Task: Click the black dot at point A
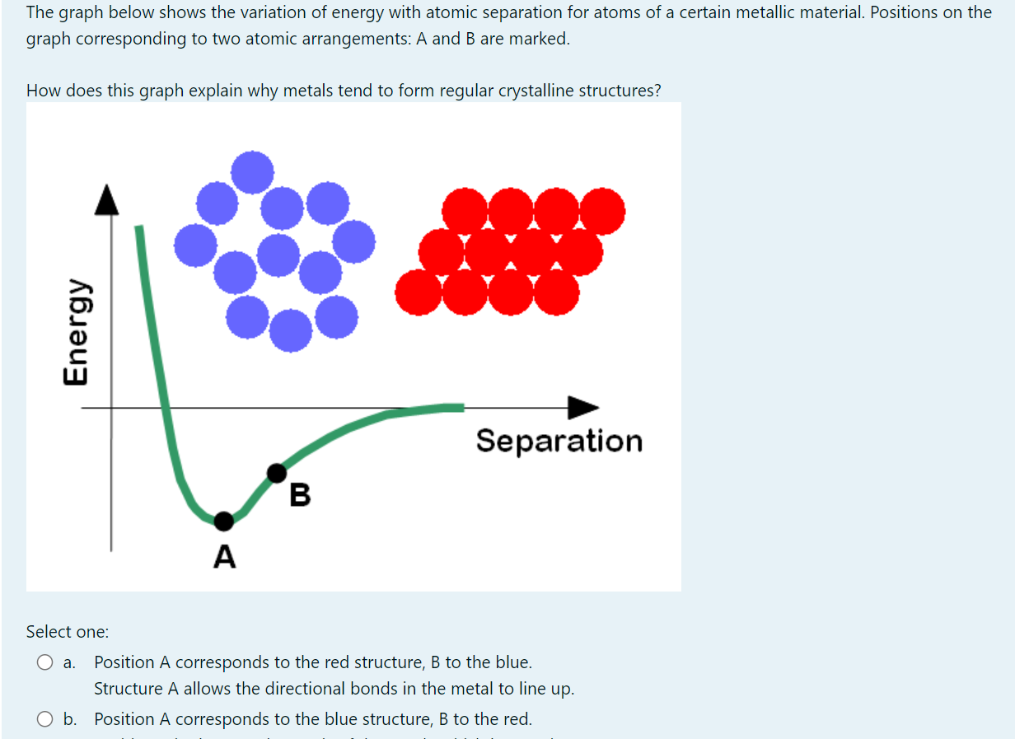[223, 521]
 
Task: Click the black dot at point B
[278, 473]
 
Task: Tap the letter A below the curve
[224, 558]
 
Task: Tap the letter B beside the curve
[301, 495]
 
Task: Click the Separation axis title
[559, 441]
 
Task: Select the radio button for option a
[44, 662]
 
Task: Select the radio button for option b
[44, 719]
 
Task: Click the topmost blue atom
[252, 172]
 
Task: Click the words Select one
[68, 632]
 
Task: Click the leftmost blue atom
[196, 245]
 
